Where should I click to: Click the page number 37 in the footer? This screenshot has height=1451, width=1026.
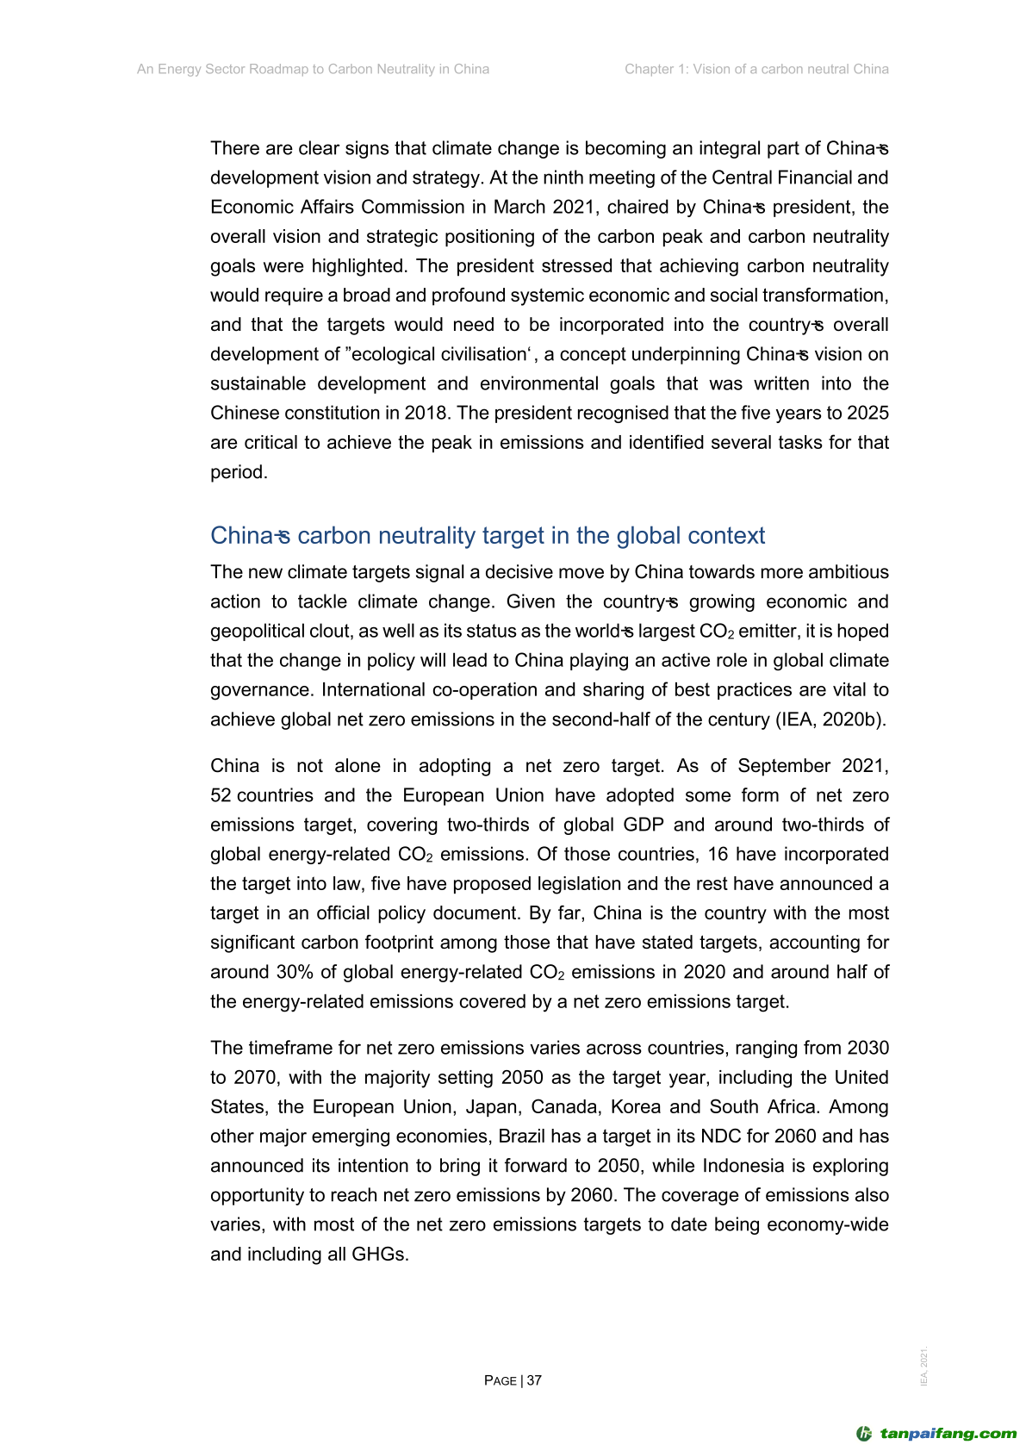(534, 1380)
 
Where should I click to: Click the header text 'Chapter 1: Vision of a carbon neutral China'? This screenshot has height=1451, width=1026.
(756, 69)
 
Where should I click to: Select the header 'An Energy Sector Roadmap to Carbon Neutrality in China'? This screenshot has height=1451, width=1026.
(313, 69)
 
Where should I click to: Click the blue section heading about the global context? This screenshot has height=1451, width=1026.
(488, 536)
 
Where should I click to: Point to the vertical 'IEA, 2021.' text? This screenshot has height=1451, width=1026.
(924, 1367)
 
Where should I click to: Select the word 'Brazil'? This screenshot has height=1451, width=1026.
(524, 1137)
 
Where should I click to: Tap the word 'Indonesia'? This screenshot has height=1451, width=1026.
(746, 1166)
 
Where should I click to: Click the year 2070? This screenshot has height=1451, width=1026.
(256, 1078)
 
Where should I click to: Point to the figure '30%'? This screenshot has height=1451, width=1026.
(295, 972)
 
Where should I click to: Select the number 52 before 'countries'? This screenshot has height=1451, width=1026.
(221, 795)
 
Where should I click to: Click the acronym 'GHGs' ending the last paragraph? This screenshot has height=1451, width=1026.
(379, 1255)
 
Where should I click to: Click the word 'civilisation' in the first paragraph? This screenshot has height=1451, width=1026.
(482, 354)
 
